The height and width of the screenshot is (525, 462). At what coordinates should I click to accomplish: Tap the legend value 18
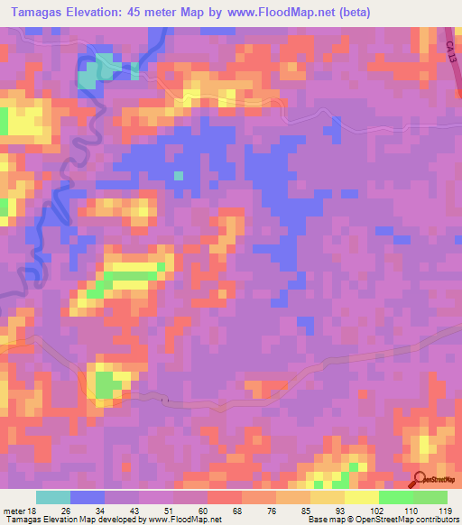(30, 510)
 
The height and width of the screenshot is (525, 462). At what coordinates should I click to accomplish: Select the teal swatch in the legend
(53, 497)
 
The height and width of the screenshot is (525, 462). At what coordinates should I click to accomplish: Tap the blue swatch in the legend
(88, 497)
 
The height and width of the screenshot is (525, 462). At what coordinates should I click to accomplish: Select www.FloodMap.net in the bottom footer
(177, 520)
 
